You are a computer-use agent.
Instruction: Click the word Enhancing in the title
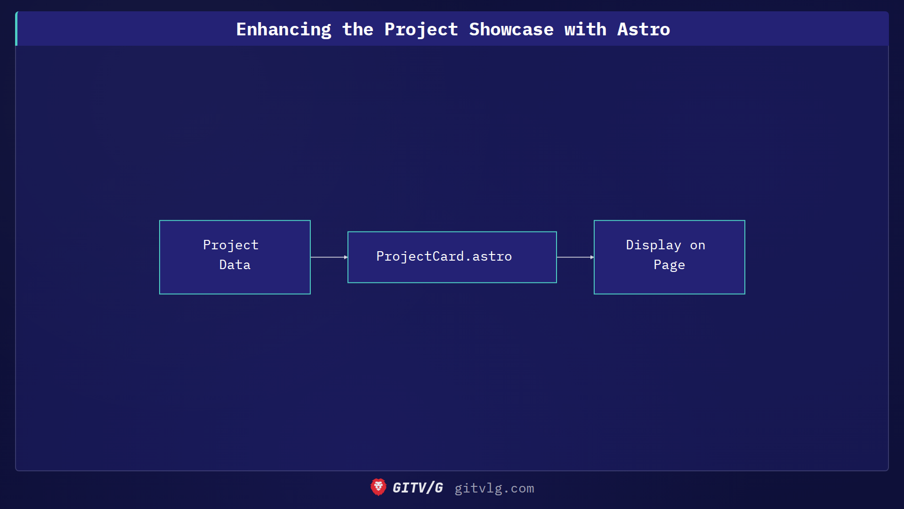coord(283,30)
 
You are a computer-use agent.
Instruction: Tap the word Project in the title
coord(421,30)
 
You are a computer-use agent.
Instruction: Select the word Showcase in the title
coord(511,30)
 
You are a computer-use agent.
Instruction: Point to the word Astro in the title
coord(643,30)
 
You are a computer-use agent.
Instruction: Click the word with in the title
coord(585,30)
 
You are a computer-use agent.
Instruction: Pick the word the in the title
coord(357,30)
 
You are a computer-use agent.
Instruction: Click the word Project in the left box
coord(231,245)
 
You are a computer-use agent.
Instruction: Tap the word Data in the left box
coord(234,265)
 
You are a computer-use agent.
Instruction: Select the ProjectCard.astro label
coord(444,256)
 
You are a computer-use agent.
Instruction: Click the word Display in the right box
coord(653,245)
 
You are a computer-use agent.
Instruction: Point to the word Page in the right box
coord(669,265)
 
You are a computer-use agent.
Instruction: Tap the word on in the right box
coord(697,246)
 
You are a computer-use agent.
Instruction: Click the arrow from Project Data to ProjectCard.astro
coord(328,257)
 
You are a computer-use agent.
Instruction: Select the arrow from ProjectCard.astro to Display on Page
coord(574,257)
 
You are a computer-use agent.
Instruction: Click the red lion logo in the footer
coord(378,487)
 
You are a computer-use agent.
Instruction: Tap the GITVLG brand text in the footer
coord(418,488)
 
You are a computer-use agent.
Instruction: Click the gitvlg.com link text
coord(494,488)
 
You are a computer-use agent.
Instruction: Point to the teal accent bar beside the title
coord(16,29)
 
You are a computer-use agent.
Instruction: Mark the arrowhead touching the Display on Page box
coord(592,257)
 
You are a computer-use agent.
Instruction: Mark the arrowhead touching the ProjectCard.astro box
coord(346,257)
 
